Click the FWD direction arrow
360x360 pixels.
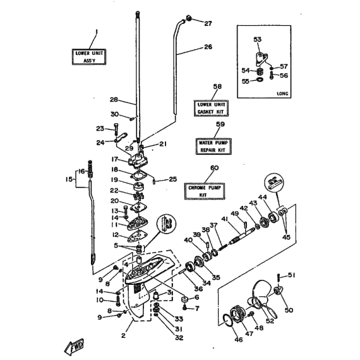[x=74, y=346]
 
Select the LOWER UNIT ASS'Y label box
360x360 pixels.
[x=89, y=57]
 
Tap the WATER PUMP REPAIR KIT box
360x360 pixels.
[x=213, y=147]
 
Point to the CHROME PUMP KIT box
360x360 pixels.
[x=205, y=191]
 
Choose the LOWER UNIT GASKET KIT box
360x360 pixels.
[x=211, y=109]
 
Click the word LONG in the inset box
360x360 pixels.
[x=282, y=93]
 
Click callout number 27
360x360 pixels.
[x=208, y=23]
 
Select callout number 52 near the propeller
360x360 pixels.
[x=270, y=321]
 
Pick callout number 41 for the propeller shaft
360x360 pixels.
[x=224, y=219]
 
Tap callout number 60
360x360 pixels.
[x=215, y=168]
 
